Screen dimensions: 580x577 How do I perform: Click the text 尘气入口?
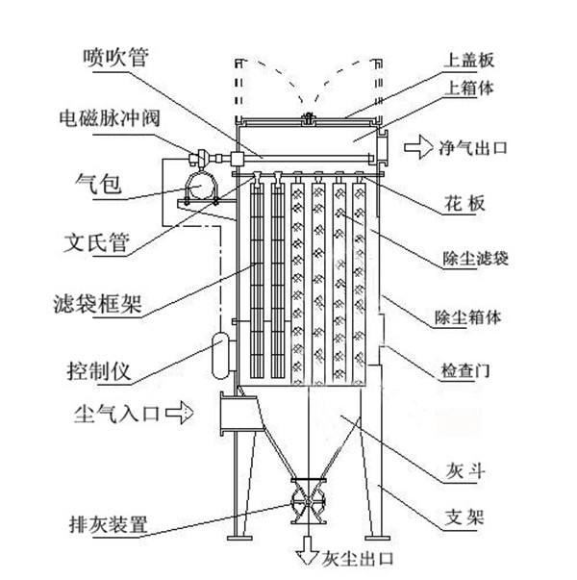pyautogui.click(x=115, y=416)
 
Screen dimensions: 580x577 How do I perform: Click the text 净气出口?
pyautogui.click(x=472, y=148)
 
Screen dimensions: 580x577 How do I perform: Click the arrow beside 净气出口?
pyautogui.click(x=417, y=148)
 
